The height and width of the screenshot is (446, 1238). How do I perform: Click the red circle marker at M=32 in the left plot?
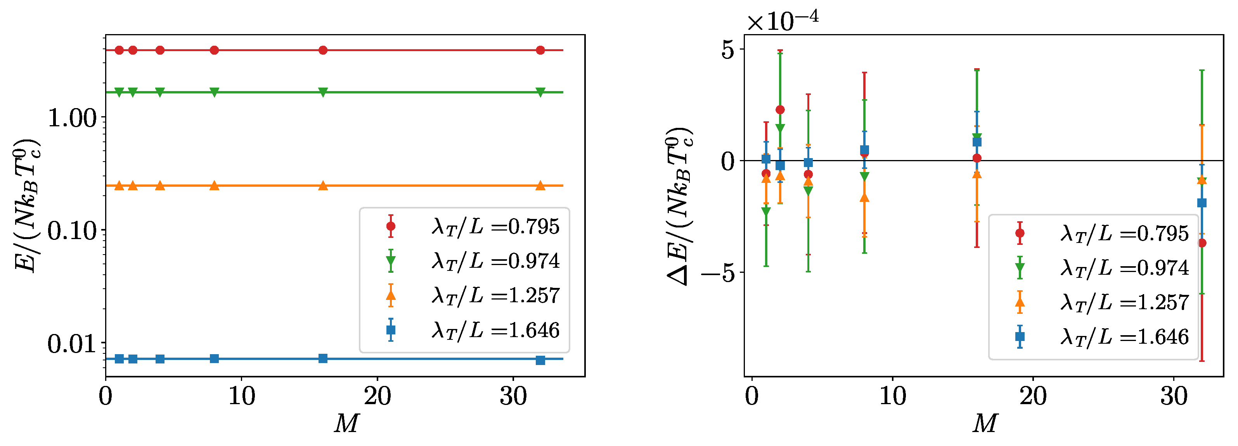tap(540, 50)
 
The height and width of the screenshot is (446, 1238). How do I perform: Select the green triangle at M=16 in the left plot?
tap(323, 92)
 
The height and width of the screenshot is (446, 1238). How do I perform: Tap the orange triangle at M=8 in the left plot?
tap(214, 185)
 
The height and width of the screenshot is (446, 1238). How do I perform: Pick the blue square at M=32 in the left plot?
tap(540, 360)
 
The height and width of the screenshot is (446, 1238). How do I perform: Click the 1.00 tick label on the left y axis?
tap(72, 118)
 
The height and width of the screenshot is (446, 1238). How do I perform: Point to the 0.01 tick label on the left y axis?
tap(72, 344)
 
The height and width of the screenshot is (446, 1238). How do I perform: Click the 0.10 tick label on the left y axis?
tap(72, 231)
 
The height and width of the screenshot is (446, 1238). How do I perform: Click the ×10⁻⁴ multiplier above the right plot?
tap(783, 20)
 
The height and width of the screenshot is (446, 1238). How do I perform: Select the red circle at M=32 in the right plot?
tap(1202, 243)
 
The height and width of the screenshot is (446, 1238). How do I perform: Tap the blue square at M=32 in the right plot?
tap(1202, 203)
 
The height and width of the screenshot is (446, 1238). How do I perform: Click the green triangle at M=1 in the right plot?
tap(766, 211)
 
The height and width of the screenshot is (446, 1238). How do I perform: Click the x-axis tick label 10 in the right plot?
tap(892, 396)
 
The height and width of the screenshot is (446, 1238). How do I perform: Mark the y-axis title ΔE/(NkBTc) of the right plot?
tap(679, 207)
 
